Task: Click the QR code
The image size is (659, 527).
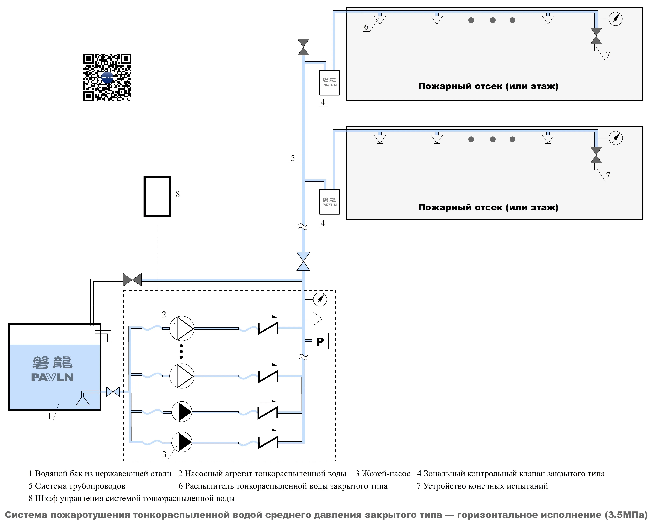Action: (x=107, y=78)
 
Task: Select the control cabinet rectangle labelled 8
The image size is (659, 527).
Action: (x=157, y=197)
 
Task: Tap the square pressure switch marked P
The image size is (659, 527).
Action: (x=320, y=341)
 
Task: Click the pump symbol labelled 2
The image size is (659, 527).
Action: (x=182, y=328)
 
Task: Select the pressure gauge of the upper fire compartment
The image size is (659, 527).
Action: (x=616, y=19)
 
